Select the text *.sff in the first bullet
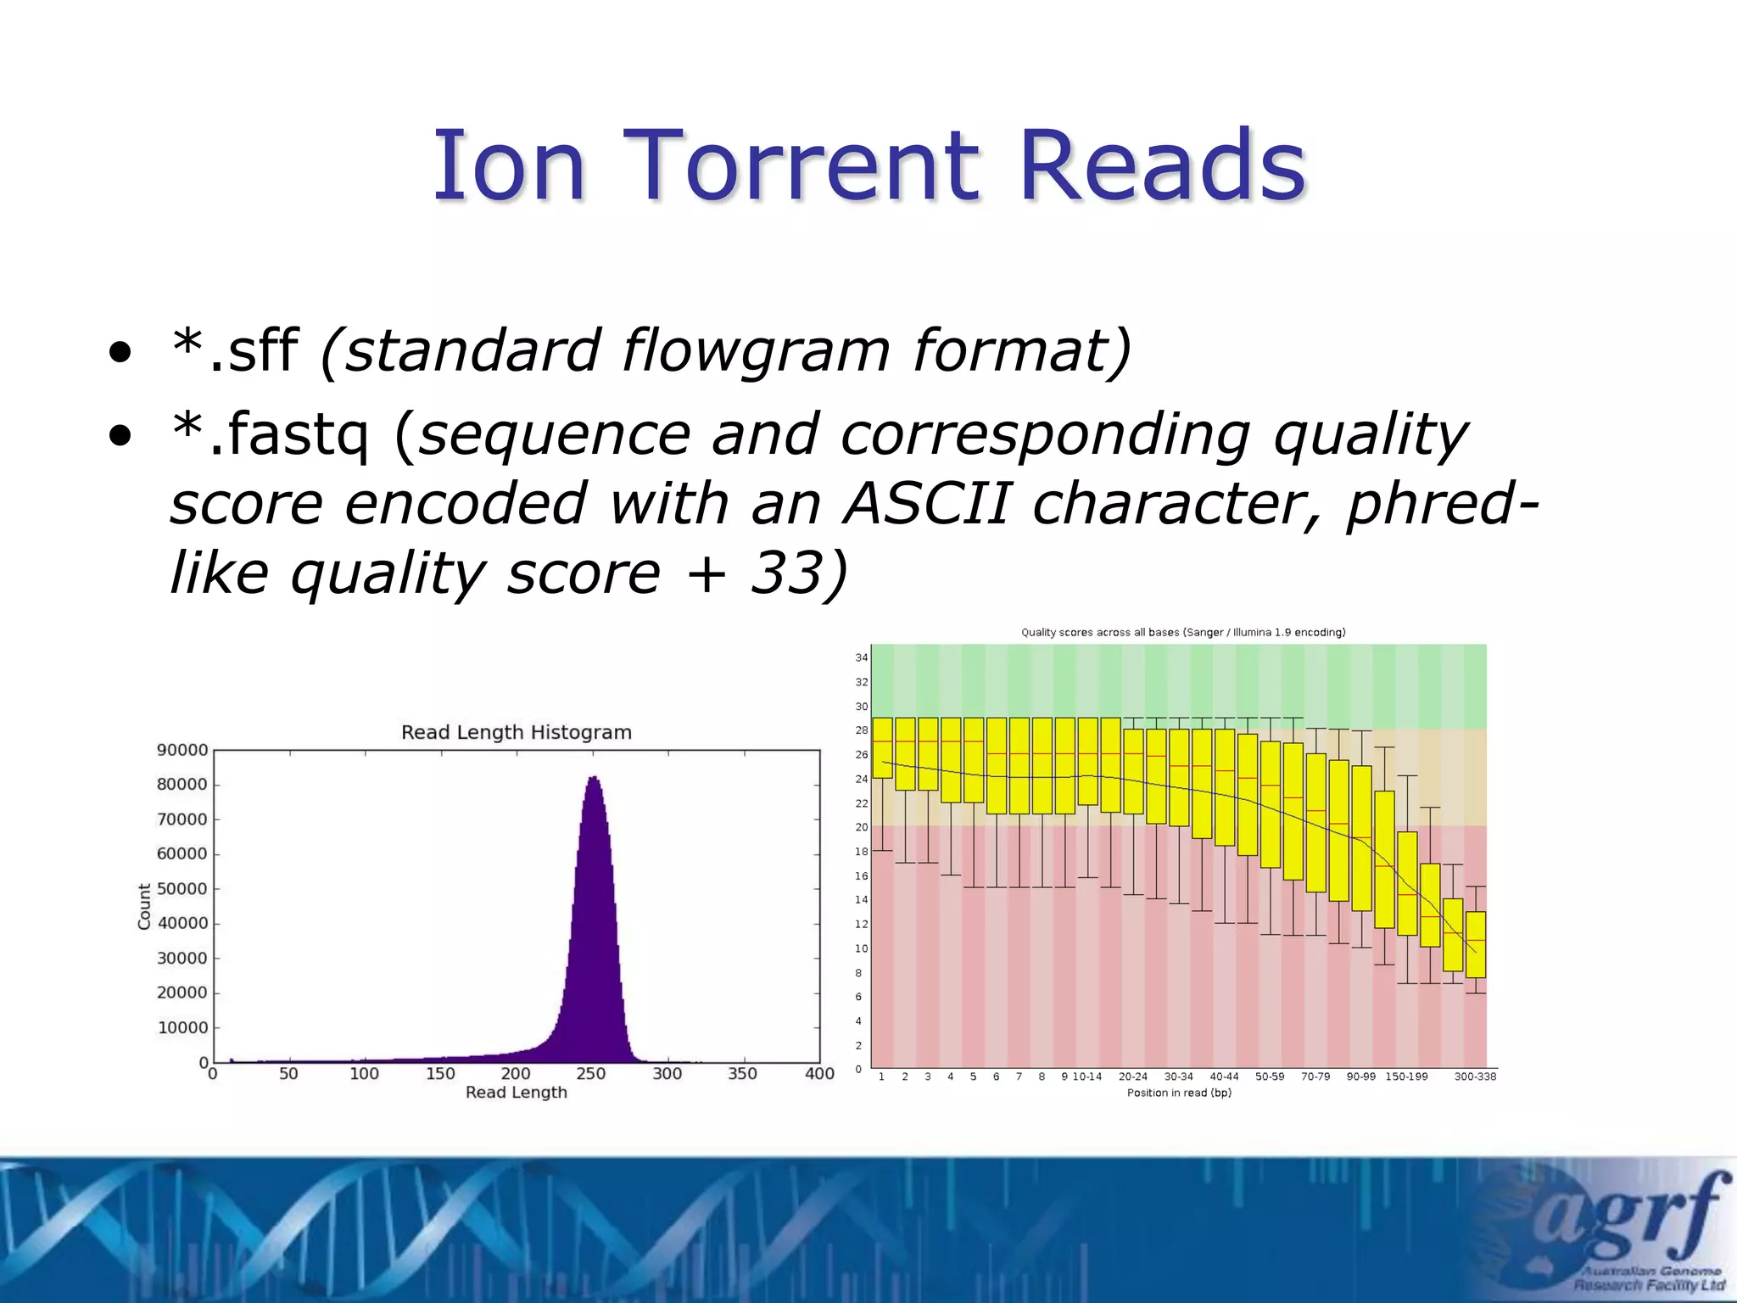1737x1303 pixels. (234, 350)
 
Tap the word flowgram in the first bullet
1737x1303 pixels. (755, 350)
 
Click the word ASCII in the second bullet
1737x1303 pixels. (927, 503)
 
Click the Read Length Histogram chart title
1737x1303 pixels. (516, 732)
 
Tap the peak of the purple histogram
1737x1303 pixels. (593, 779)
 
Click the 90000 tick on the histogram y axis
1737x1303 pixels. (182, 750)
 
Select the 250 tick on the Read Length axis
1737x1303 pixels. (591, 1074)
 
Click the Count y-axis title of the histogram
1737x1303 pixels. (144, 906)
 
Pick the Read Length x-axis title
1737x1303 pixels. (516, 1093)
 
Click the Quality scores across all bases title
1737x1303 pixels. (1183, 632)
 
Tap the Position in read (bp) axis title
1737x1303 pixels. (1179, 1093)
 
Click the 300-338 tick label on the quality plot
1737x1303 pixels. (1475, 1077)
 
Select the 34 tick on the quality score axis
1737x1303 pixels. (861, 657)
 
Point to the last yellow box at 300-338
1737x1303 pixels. (1476, 944)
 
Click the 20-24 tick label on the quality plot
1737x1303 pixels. (1132, 1077)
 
